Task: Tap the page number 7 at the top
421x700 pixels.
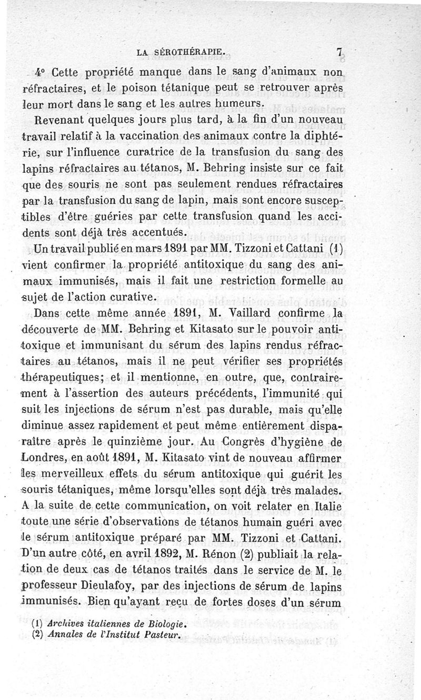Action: pyautogui.click(x=340, y=52)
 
